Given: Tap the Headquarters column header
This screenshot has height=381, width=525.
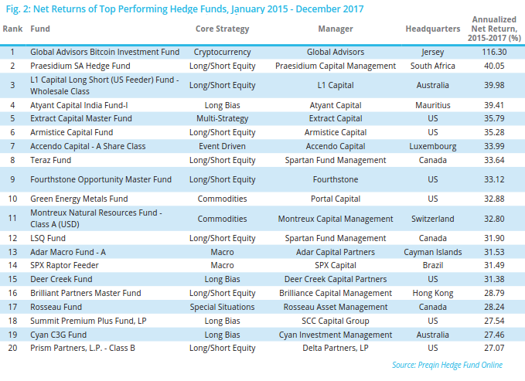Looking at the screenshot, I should point(433,29).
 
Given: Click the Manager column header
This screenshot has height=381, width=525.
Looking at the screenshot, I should point(335,29).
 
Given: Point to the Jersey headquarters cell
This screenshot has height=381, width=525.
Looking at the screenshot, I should point(433,52).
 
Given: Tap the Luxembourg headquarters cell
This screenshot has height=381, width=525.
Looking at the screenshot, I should point(433,146).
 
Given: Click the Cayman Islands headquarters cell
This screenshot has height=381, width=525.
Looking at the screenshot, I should point(433,252).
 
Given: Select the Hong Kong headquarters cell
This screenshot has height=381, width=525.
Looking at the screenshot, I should point(433,293).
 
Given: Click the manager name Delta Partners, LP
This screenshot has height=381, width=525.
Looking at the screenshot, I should point(335,347).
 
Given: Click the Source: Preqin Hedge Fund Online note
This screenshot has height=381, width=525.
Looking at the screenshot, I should point(447,365).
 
